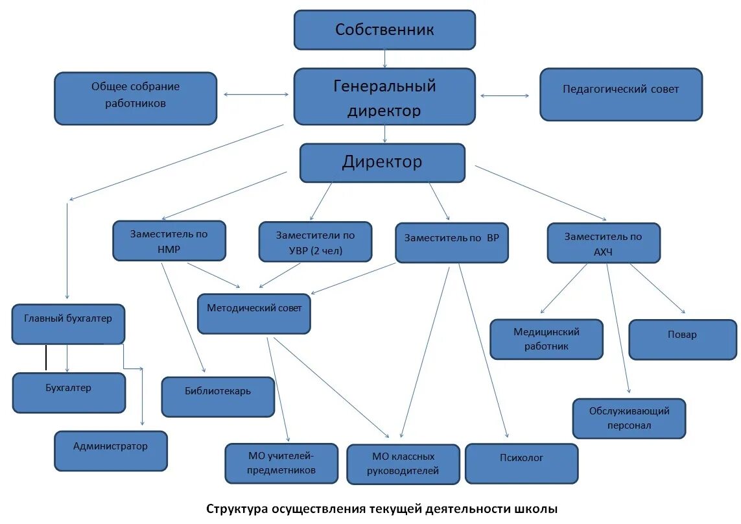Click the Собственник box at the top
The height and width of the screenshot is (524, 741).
384,30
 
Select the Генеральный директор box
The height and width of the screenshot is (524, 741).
384,97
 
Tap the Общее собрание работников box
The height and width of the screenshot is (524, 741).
135,98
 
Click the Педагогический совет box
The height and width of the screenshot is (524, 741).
620,94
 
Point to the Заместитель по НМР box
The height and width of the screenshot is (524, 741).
169,241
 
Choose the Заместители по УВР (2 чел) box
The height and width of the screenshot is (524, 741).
316,242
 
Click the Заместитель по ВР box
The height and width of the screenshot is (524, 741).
452,243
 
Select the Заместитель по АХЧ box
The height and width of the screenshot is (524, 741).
604,243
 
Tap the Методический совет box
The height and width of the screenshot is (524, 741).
254,314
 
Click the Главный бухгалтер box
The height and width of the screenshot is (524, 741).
68,324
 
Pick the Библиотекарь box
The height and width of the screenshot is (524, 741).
218,396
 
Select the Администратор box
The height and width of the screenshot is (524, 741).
111,451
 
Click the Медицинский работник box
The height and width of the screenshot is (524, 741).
547,339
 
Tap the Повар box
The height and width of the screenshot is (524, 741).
682,339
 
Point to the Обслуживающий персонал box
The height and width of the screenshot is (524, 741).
629,418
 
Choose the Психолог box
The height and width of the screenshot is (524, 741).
521,463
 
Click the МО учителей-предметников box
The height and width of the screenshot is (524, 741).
281,463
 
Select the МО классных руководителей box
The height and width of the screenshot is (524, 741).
403,464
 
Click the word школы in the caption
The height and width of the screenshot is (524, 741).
535,509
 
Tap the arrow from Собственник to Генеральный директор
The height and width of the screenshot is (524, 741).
385,59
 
